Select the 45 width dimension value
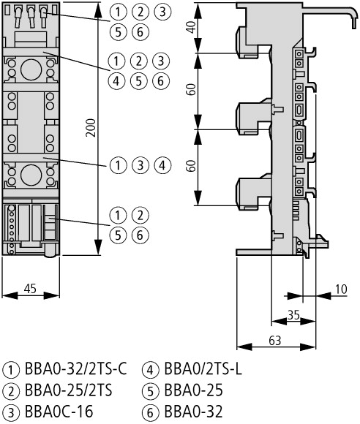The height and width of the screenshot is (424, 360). (31, 289)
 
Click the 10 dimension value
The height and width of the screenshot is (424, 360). (341, 289)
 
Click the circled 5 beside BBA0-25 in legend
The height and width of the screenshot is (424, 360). (152, 391)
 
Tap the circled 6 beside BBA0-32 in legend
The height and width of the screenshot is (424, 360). (152, 412)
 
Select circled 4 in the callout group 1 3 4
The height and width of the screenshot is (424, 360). (162, 164)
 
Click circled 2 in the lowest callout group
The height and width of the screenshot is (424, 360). (139, 215)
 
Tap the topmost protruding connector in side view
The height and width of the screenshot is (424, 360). (247, 40)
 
